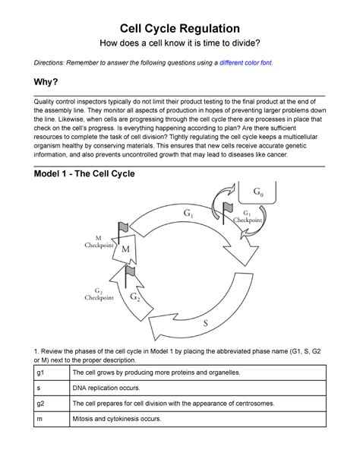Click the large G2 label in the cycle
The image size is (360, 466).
click(136, 296)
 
